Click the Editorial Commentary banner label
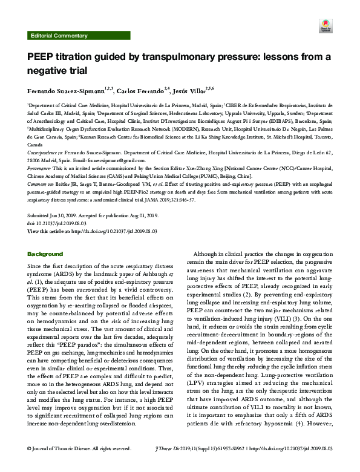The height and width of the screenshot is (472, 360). click(59, 36)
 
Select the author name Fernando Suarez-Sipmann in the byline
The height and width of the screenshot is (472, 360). click(67, 91)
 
